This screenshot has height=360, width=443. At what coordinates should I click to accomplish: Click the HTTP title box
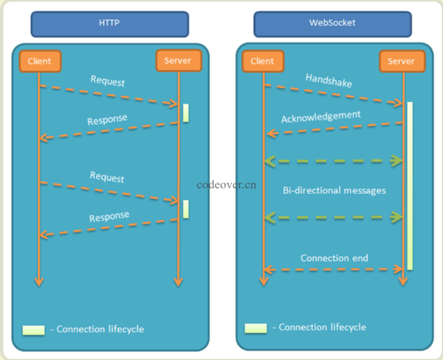pos(109,24)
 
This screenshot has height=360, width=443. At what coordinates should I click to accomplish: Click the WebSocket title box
pos(332,24)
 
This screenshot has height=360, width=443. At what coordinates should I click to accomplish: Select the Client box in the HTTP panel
pos(39,61)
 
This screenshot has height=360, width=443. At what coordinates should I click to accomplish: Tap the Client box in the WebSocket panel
pos(263,61)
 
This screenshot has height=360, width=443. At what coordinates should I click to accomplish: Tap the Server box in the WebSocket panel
pos(402,61)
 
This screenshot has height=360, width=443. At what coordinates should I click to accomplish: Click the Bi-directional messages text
pos(334,190)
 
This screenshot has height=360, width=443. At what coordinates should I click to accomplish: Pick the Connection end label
pos(334,258)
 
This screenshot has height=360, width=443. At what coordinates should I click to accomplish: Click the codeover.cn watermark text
pos(227,184)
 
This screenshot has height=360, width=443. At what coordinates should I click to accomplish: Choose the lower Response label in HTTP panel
pos(109,216)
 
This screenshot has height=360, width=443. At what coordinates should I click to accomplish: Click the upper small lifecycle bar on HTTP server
pos(185,113)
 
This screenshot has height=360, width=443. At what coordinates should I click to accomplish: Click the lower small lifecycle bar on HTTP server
pos(185,209)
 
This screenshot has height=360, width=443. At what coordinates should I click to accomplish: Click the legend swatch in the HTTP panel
pos(34,330)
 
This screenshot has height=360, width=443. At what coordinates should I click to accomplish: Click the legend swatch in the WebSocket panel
pos(256,328)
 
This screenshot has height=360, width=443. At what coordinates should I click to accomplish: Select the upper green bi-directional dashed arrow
pos(334,161)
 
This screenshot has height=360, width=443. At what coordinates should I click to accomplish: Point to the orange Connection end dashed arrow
pos(334,269)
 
